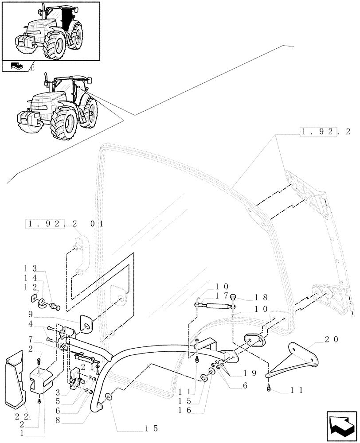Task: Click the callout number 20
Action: (x=331, y=340)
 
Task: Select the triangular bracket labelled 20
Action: (x=297, y=358)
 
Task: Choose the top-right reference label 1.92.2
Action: (x=325, y=132)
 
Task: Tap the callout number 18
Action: (x=253, y=298)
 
